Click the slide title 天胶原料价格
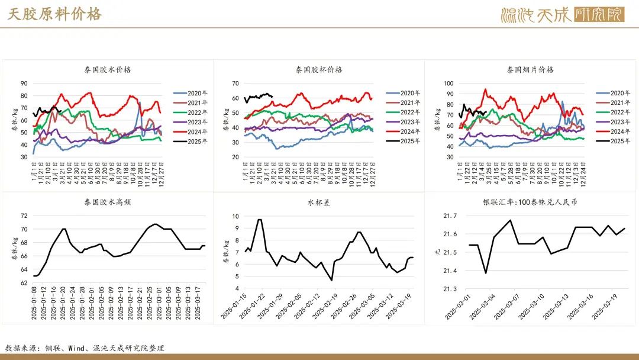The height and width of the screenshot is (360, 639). [x=54, y=14]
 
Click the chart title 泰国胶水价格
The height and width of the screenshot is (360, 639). [x=108, y=69]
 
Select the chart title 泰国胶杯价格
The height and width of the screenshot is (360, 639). [x=319, y=69]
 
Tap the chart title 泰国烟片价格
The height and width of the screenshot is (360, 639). [x=530, y=69]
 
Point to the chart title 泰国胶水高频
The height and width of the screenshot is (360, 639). [x=108, y=202]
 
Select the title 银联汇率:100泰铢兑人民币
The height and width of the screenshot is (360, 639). [x=530, y=202]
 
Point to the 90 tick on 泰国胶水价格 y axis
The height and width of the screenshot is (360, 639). [x=24, y=83]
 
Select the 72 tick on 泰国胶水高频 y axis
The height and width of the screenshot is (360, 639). [x=24, y=216]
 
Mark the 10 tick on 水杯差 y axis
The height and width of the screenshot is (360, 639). [x=235, y=216]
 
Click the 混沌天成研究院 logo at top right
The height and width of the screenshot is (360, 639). [x=562, y=14]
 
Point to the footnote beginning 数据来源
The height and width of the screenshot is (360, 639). [x=85, y=348]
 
